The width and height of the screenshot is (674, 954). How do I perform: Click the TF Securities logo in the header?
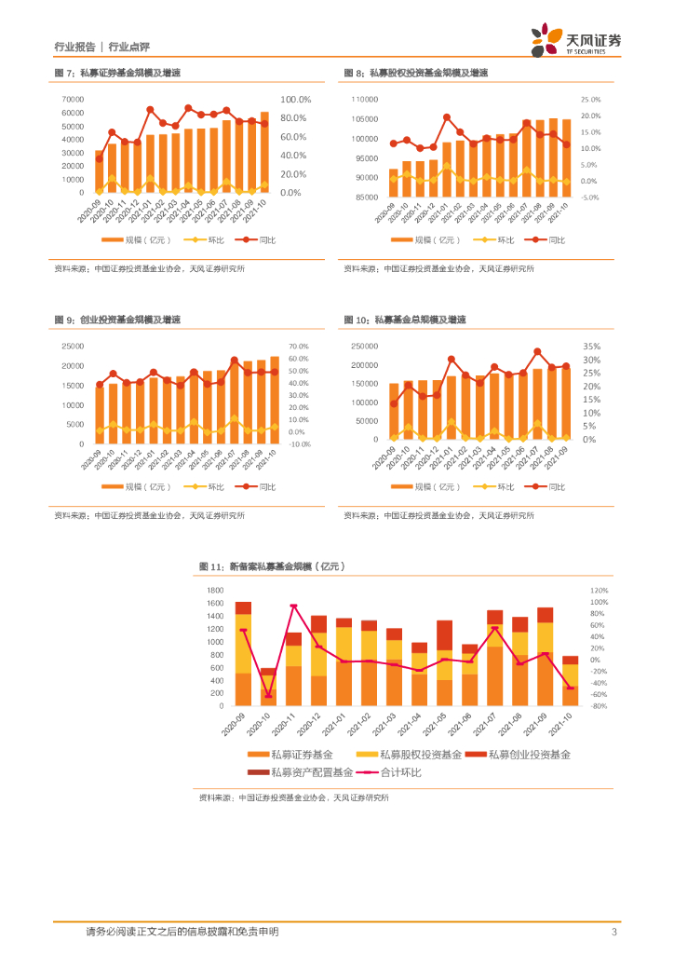[x=575, y=41]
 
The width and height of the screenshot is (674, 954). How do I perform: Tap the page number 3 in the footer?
[x=613, y=932]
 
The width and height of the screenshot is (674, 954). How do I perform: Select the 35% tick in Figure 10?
[x=592, y=346]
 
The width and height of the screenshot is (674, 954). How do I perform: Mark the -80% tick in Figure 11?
[x=599, y=706]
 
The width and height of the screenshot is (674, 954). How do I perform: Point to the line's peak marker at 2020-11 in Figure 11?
[x=293, y=606]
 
